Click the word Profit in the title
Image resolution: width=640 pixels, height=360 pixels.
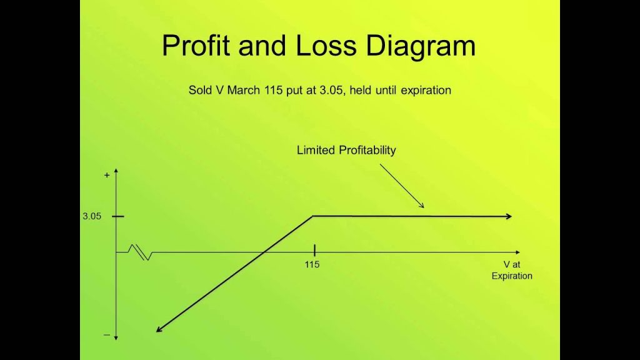[x=196, y=45]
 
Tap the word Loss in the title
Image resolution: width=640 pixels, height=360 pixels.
[x=326, y=45]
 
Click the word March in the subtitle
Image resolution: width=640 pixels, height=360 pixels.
[x=243, y=90]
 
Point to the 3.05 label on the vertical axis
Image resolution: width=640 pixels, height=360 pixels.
[x=92, y=216]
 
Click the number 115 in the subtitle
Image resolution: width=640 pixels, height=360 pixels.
[x=273, y=90]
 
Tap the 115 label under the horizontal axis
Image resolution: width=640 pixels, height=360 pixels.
[x=312, y=264]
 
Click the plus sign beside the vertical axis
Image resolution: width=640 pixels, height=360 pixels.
[x=107, y=175]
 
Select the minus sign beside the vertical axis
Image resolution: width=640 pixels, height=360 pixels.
[x=107, y=335]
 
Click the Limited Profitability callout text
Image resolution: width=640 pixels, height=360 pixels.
[x=346, y=150]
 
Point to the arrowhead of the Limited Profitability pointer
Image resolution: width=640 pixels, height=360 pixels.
[x=422, y=206]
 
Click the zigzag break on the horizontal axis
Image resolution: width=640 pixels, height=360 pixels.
[x=140, y=252]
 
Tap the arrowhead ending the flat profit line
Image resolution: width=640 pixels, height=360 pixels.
[x=509, y=216]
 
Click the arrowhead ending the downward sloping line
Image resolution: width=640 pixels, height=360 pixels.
[x=159, y=329]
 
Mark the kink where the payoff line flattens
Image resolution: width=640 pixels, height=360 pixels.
[x=313, y=216]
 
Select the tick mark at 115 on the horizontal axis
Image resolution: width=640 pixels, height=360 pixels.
[x=315, y=250]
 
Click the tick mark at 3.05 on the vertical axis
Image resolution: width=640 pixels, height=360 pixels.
[x=117, y=216]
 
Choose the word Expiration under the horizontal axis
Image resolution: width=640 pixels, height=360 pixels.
[x=512, y=276]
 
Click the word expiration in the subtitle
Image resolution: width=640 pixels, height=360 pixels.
[x=426, y=91]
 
